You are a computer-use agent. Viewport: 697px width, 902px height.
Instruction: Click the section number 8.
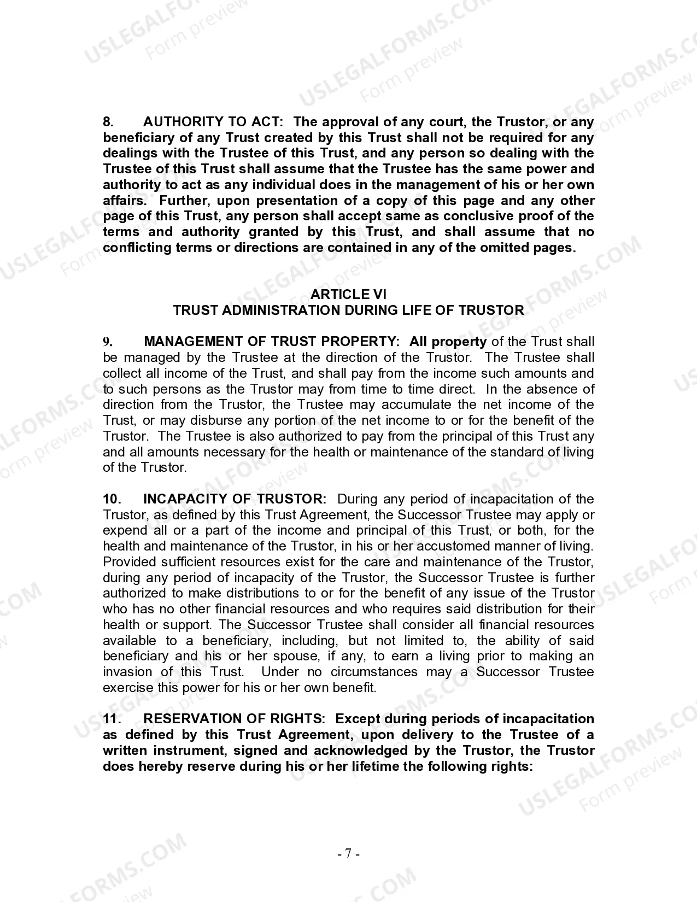tap(108, 122)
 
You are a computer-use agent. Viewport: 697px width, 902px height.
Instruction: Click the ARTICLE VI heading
tap(348, 295)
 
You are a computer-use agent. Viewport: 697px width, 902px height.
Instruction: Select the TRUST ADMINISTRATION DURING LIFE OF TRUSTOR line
tap(348, 311)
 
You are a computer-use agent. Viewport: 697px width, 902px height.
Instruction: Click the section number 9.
tap(108, 342)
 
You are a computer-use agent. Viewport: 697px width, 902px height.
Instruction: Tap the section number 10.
tap(112, 499)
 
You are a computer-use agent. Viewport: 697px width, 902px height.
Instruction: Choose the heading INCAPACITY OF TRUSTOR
tap(235, 499)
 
